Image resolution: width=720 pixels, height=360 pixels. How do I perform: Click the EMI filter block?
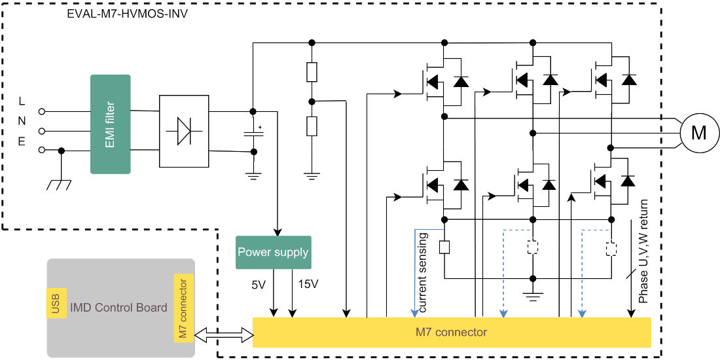(111, 124)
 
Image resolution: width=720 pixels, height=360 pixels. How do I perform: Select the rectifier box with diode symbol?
(184, 131)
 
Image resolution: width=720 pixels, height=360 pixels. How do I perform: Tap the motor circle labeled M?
(698, 134)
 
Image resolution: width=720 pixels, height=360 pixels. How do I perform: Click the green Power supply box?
(273, 252)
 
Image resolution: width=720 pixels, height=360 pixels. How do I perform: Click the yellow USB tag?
(55, 303)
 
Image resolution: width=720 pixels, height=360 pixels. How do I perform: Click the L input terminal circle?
(43, 111)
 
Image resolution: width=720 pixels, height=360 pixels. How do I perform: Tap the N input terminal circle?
(43, 131)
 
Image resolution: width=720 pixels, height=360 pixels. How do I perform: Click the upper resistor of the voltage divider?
(312, 72)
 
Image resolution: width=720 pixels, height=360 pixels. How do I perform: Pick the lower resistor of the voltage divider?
(312, 126)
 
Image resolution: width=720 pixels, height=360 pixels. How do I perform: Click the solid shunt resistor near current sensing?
(444, 247)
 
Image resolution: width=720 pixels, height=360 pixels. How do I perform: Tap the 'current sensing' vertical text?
(423, 271)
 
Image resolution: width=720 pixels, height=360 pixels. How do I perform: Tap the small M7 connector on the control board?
(183, 308)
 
